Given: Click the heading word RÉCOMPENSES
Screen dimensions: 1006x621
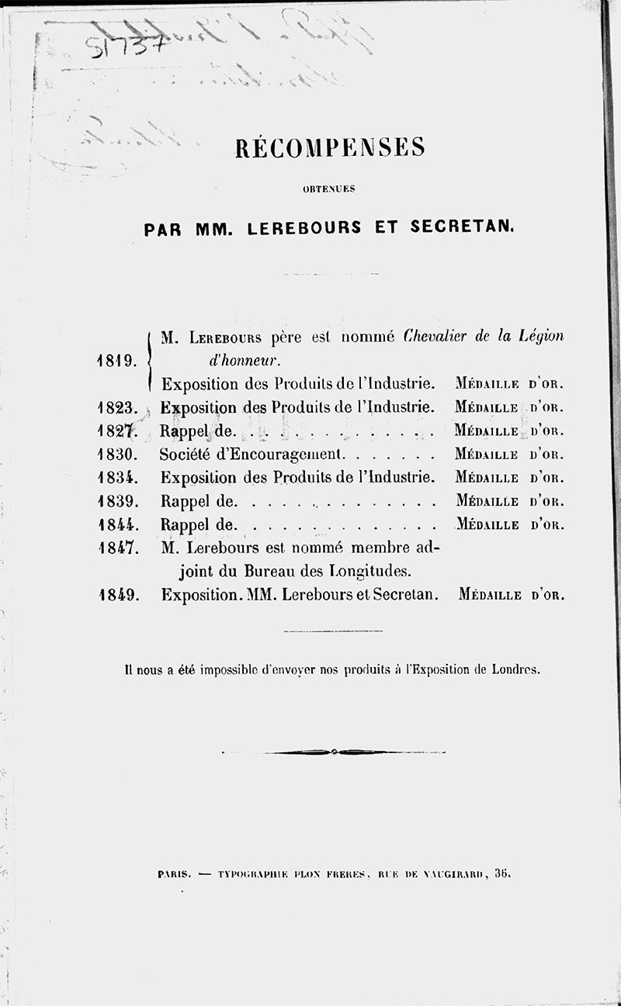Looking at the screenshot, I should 330,147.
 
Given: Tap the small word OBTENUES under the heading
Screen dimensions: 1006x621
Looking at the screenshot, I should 330,188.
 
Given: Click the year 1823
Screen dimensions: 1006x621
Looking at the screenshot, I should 118,406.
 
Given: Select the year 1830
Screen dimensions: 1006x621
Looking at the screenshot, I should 118,453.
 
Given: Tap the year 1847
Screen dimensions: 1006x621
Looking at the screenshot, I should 118,548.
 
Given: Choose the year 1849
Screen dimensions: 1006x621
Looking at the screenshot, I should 118,596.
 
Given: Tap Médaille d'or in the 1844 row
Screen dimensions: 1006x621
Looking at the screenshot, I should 509,524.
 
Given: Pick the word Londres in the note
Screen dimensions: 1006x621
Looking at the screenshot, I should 515,669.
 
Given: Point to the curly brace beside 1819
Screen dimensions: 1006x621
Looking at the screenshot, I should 148,360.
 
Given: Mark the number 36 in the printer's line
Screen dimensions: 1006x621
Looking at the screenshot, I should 501,873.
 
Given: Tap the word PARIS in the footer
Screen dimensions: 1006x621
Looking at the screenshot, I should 174,873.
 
